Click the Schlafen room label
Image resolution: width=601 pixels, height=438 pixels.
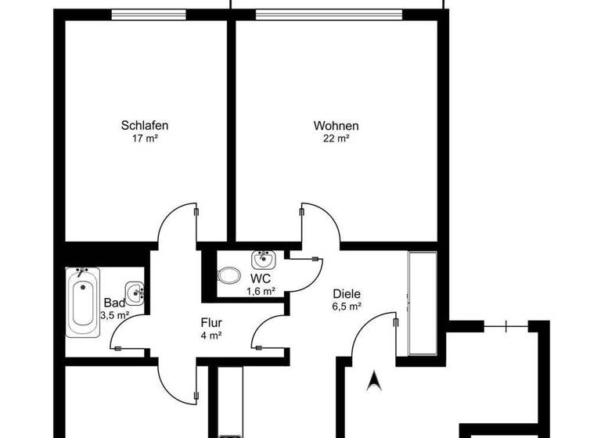(145, 125)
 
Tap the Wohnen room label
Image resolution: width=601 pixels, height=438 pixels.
(336, 125)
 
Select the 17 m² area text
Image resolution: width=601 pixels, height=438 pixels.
(145, 139)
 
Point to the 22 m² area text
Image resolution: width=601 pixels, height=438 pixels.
(336, 139)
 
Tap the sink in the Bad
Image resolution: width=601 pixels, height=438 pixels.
(135, 293)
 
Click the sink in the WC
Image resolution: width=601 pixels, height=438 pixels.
(261, 259)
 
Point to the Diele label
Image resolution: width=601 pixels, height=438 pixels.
(345, 294)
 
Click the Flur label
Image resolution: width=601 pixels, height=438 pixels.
(211, 321)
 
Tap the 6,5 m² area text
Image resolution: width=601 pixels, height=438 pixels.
(346, 307)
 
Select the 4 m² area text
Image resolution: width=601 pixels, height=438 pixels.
(211, 334)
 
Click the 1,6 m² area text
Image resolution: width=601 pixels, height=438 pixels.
(261, 291)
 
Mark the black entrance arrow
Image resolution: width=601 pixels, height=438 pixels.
(374, 380)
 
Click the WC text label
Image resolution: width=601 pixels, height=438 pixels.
(261, 278)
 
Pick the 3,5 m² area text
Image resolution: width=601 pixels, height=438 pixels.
(114, 315)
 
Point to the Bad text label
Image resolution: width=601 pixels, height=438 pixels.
(113, 303)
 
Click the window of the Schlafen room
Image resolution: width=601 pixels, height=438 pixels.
(149, 14)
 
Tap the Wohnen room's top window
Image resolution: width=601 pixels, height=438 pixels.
(329, 14)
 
